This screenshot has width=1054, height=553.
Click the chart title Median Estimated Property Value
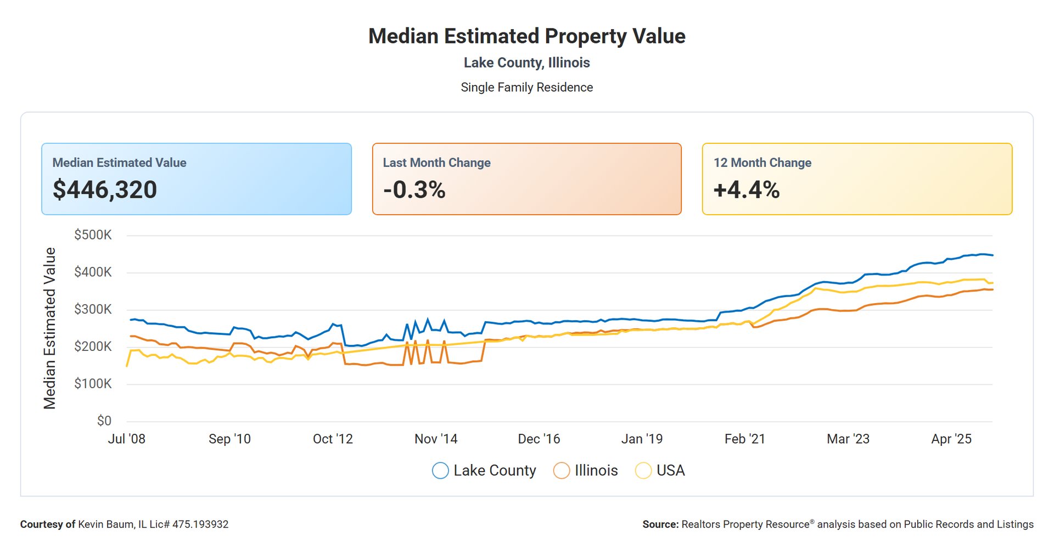pos(526,36)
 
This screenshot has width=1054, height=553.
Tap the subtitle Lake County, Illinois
pos(526,63)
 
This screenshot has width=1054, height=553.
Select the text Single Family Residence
pos(526,87)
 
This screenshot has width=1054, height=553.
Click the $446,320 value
pos(105,189)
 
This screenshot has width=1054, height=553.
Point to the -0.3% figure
pos(414,189)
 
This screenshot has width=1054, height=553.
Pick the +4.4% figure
pos(746,189)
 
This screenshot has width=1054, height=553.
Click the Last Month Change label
pos(436,163)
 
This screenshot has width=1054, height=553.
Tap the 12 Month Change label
pos(762,163)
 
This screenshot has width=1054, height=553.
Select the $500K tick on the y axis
pos(93,235)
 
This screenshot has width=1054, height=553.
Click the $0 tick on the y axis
pos(104,421)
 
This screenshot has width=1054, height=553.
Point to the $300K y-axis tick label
pos(93,309)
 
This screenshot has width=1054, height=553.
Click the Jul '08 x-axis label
pos(127,439)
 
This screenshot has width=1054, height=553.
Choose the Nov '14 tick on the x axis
pos(436,439)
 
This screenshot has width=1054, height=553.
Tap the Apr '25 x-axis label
pos(951,439)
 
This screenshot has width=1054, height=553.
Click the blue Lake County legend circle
pos(440,471)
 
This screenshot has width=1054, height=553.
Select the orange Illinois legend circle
pos(562,471)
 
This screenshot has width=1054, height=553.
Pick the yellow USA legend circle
pos(643,471)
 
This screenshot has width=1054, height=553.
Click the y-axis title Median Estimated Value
pos(50,328)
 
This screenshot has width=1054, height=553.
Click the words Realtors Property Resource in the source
pos(745,524)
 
